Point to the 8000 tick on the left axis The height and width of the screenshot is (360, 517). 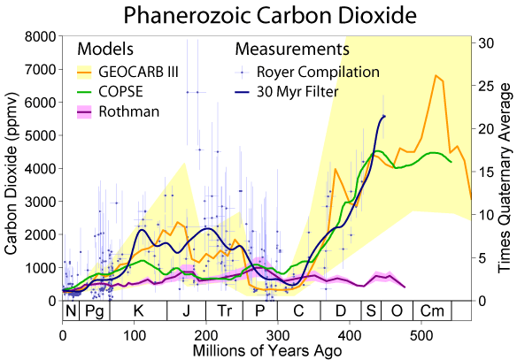coord(41,36)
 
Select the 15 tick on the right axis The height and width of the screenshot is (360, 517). coord(485,172)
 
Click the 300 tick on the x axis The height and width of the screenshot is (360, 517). coord(278,337)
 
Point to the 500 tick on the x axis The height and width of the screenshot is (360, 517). coord(421,337)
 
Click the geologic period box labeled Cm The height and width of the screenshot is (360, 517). coord(432,311)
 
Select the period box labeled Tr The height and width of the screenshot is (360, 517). coord(225,311)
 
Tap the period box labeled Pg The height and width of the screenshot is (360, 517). coord(94,311)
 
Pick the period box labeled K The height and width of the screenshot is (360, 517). coord(137,311)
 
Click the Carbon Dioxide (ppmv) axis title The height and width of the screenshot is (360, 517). coord(12,168)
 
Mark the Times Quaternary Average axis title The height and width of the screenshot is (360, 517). coord(506,168)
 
